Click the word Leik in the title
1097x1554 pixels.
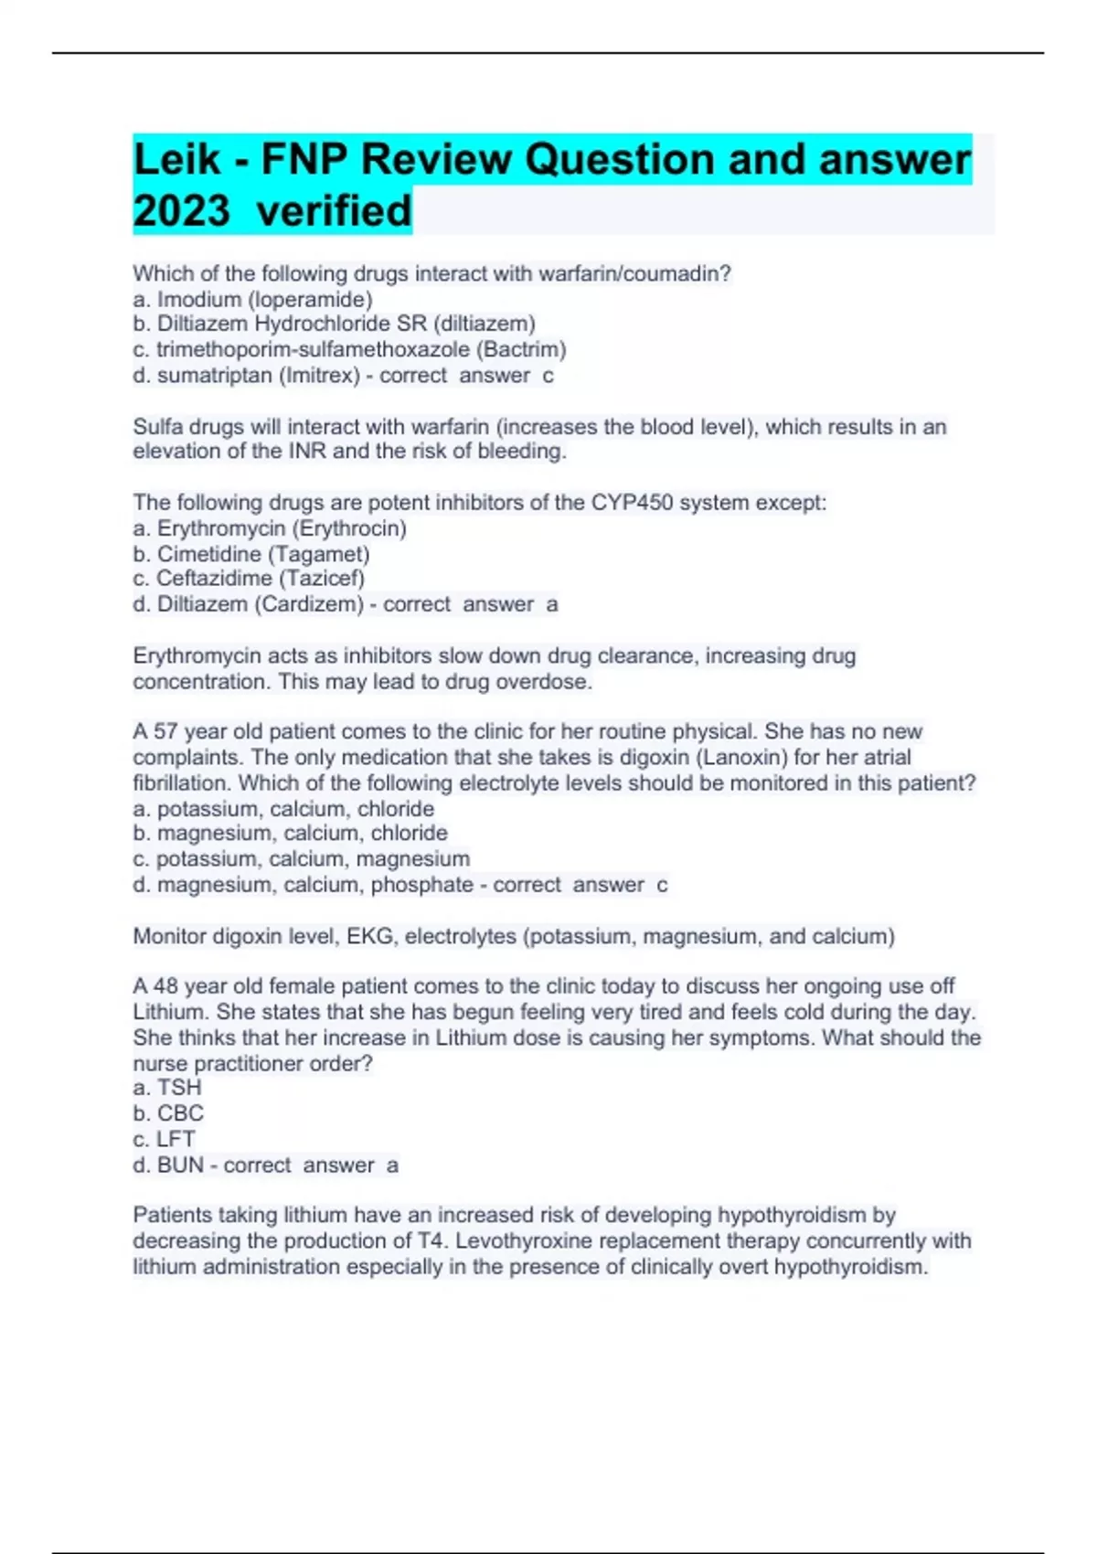pyautogui.click(x=176, y=160)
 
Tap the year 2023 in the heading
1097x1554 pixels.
pyautogui.click(x=181, y=211)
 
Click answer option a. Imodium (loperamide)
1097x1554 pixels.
pyautogui.click(x=252, y=299)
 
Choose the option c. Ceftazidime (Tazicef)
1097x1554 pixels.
pyautogui.click(x=249, y=579)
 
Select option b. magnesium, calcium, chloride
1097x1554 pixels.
pyautogui.click(x=291, y=833)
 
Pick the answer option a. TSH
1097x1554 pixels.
pyautogui.click(x=167, y=1088)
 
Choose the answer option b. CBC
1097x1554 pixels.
pyautogui.click(x=168, y=1113)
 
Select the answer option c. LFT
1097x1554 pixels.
pyautogui.click(x=165, y=1139)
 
